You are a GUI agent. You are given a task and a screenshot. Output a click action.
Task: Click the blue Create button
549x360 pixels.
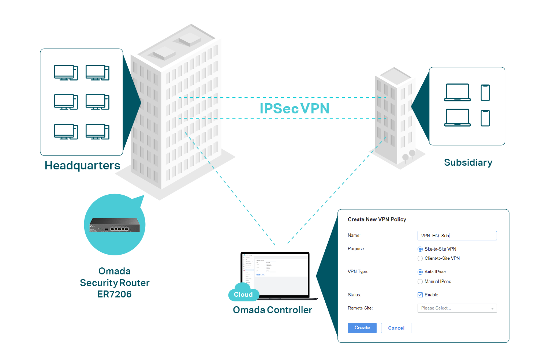click(362, 328)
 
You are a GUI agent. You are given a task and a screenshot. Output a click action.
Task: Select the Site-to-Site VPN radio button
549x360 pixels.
click(420, 249)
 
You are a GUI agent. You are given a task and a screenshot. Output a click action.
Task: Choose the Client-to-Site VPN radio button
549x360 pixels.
click(420, 259)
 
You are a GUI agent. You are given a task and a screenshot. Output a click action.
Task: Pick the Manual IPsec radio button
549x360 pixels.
click(420, 282)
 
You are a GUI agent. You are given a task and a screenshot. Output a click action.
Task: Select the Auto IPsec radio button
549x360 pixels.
click(420, 272)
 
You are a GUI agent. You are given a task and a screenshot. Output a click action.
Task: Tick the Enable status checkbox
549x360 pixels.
click(420, 295)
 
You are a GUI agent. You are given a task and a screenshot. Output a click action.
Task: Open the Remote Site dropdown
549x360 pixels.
click(457, 308)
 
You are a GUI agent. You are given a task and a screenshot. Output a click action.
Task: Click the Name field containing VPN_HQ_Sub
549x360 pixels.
click(457, 236)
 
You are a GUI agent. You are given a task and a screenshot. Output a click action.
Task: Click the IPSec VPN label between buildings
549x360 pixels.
click(294, 109)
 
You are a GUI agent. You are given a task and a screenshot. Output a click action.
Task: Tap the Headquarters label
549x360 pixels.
click(82, 166)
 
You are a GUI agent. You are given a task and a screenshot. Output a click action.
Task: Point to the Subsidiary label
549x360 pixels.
click(468, 162)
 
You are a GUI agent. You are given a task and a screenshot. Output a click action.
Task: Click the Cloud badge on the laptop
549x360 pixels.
click(243, 295)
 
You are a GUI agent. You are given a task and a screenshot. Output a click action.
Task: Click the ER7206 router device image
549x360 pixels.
click(115, 225)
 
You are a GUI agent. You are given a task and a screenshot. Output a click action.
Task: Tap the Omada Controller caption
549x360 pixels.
click(272, 310)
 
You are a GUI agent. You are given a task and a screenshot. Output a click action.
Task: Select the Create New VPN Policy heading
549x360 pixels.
click(377, 220)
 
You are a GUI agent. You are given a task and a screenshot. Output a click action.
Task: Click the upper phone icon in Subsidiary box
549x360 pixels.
click(485, 93)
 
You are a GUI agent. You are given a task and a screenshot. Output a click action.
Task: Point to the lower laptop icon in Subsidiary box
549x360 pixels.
click(457, 118)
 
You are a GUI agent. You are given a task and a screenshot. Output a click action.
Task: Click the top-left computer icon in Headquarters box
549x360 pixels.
click(66, 72)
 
